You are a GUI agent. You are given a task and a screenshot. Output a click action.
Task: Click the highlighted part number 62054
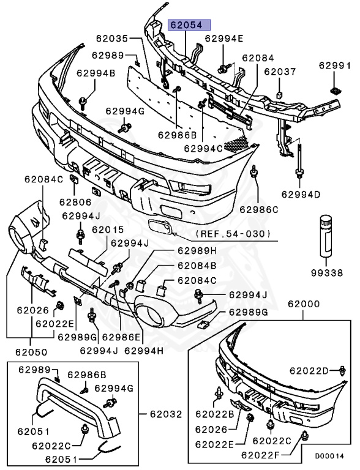click(x=189, y=26)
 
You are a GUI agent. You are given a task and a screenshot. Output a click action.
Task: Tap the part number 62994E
click(x=223, y=38)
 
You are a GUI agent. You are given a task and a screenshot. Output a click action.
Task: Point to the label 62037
click(x=279, y=71)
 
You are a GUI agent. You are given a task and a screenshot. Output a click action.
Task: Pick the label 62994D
click(x=301, y=195)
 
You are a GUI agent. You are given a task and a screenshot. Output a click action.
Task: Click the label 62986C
click(x=258, y=209)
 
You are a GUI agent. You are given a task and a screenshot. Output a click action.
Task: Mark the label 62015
click(x=108, y=230)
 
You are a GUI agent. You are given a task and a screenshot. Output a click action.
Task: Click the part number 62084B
click(x=197, y=266)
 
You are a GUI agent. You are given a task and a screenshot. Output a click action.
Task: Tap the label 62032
click(x=166, y=414)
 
